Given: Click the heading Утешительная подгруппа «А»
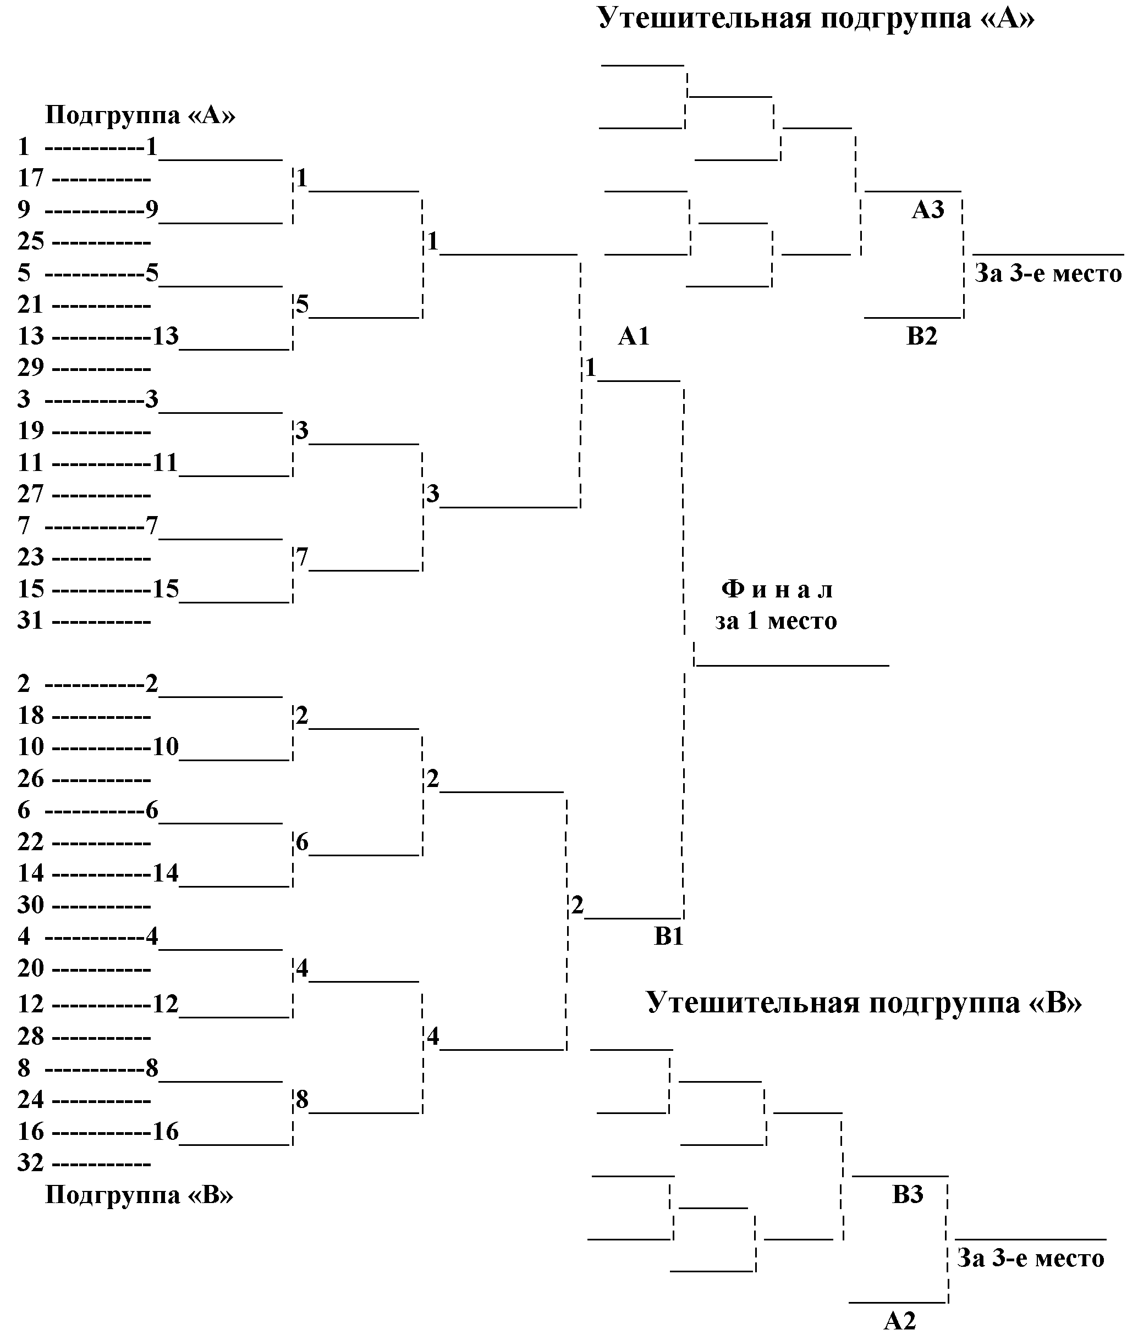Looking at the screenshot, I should [816, 18].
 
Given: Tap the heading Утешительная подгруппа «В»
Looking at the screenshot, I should [864, 1002].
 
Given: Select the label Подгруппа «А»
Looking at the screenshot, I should [140, 115].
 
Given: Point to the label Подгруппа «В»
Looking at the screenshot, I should [139, 1195].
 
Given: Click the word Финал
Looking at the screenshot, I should [777, 589].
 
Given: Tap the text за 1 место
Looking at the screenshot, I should [776, 621].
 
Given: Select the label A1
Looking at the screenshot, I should [634, 336].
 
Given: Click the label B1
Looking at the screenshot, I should [669, 936].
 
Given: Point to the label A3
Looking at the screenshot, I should [928, 209].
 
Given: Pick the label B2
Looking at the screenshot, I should [922, 336].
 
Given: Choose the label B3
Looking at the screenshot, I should [908, 1195].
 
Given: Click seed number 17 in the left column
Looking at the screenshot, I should [30, 178].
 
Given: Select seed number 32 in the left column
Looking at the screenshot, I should [30, 1163].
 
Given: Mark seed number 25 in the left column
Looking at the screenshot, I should [30, 242].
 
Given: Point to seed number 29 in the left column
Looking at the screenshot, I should [30, 368].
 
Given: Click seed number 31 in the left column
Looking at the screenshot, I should [30, 621].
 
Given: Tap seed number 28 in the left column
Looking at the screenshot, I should [30, 1037].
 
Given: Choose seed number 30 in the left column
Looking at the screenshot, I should [30, 905].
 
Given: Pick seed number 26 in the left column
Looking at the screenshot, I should [30, 779].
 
